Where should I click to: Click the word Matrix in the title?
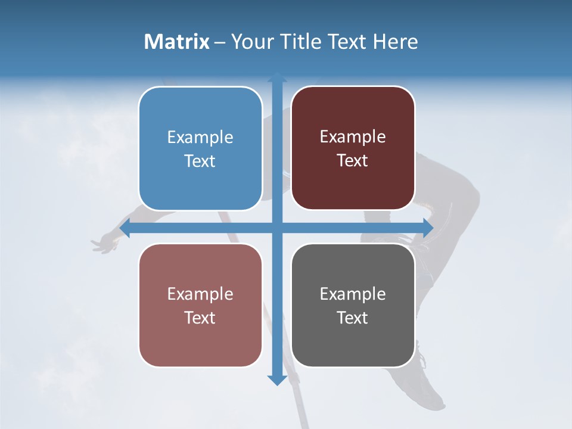click(177, 42)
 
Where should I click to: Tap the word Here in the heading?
click(396, 42)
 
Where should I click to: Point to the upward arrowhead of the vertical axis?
click(276, 76)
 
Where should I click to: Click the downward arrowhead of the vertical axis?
click(276, 380)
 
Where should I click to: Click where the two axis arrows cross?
click(276, 228)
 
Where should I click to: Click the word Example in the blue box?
click(200, 137)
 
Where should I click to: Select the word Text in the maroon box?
click(353, 160)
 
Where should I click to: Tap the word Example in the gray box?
click(353, 294)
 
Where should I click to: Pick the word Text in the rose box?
click(200, 318)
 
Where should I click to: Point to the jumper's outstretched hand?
click(105, 244)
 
